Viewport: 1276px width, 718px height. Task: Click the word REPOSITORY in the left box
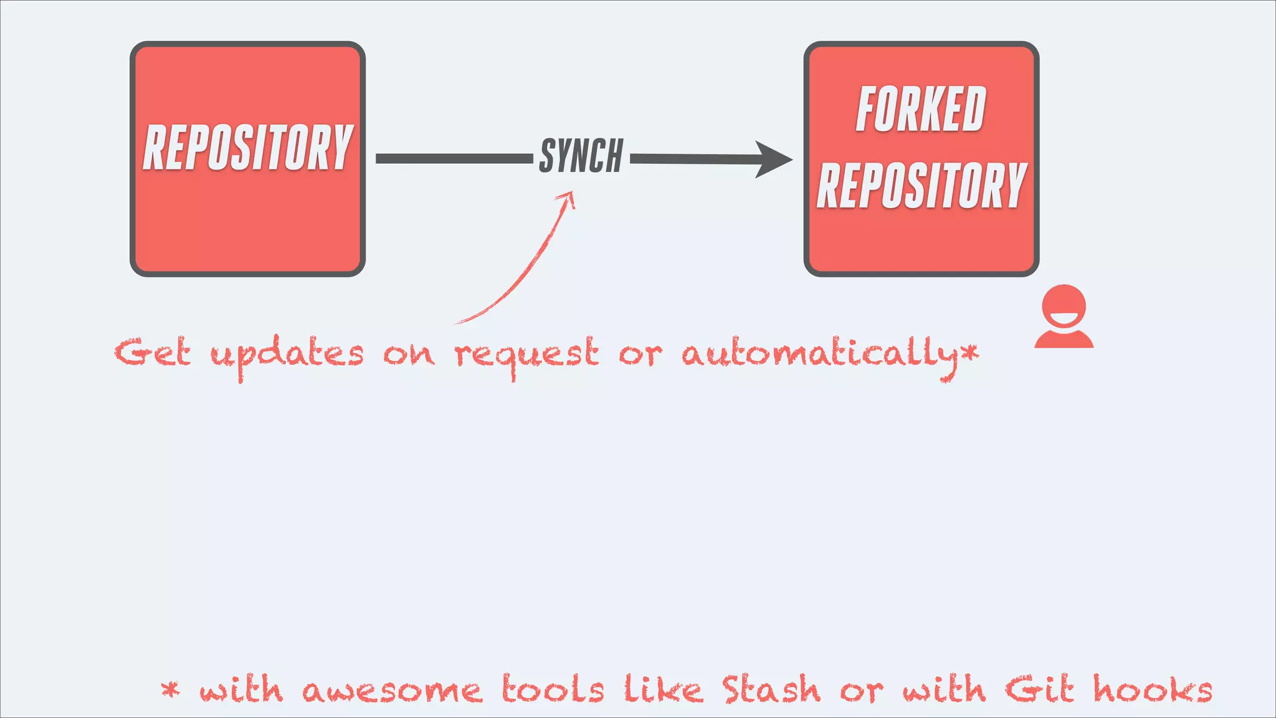click(248, 147)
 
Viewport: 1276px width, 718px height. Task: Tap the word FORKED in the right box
click(921, 110)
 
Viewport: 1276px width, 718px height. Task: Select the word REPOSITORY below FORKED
click(921, 185)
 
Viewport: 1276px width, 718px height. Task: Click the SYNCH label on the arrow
click(581, 156)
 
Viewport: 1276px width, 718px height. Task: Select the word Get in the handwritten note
click(152, 353)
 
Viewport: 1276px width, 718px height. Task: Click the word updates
click(287, 355)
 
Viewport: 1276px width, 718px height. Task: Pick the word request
click(526, 355)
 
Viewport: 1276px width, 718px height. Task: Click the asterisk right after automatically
click(969, 353)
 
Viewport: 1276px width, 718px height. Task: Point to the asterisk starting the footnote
click(170, 689)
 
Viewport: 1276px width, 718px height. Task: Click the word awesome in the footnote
click(392, 691)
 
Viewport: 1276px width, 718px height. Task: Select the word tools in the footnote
click(553, 689)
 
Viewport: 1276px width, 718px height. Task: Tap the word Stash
click(771, 689)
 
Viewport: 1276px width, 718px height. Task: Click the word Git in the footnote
click(1039, 689)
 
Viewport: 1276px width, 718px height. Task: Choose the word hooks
click(1153, 689)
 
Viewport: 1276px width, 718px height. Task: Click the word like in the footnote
click(663, 689)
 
